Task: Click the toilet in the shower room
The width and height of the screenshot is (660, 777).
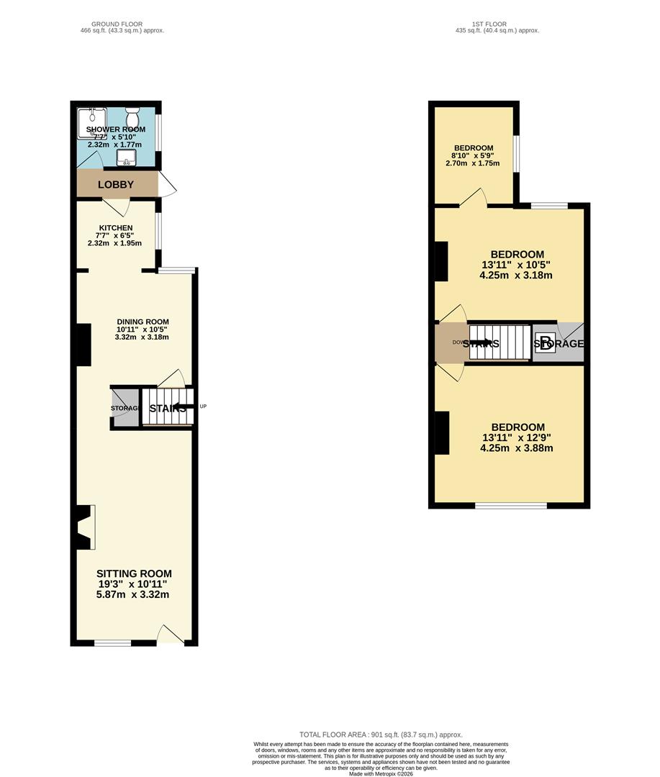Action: (x=132, y=117)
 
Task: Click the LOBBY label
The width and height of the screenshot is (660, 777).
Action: (x=116, y=185)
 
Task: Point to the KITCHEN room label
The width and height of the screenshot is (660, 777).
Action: (x=116, y=228)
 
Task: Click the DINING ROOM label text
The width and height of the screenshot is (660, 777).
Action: (x=143, y=322)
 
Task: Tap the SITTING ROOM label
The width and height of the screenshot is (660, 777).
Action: (x=135, y=573)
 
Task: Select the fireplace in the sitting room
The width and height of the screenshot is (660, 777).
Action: (x=83, y=528)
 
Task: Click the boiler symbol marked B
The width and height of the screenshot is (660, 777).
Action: (x=546, y=342)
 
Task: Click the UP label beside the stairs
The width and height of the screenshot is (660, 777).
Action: (x=203, y=407)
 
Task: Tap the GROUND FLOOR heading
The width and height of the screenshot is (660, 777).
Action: (x=122, y=24)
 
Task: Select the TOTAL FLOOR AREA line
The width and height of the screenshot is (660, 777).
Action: (x=381, y=734)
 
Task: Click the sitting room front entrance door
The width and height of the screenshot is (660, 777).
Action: (x=171, y=635)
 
